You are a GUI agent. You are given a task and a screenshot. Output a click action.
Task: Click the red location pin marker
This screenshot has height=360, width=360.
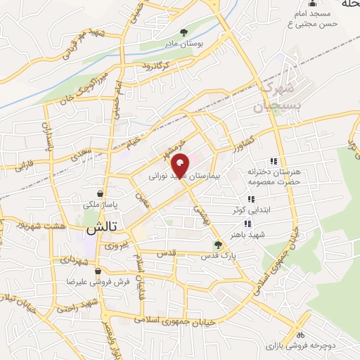pyautogui.click(x=181, y=165)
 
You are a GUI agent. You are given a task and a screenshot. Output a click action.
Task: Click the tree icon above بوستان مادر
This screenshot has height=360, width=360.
pyautogui.click(x=184, y=32)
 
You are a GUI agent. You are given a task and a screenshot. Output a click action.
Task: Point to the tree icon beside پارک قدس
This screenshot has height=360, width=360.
pyautogui.click(x=218, y=245)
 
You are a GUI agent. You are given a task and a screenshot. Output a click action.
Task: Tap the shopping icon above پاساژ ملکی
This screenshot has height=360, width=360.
pyautogui.click(x=102, y=193)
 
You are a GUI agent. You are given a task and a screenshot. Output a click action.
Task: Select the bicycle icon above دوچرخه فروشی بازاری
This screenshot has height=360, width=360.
pyautogui.click(x=301, y=335)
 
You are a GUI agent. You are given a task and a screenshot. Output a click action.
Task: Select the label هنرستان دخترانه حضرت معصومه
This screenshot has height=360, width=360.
pyautogui.click(x=264, y=176)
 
